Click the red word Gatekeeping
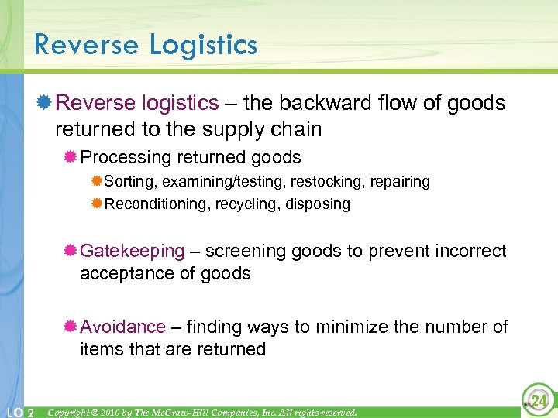pyautogui.click(x=133, y=251)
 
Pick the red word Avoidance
pyautogui.click(x=122, y=327)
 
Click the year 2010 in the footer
pyautogui.click(x=113, y=412)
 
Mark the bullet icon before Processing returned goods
pyautogui.click(x=71, y=158)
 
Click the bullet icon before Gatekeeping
pyautogui.click(x=71, y=251)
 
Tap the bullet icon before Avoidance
pyautogui.click(x=71, y=327)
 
